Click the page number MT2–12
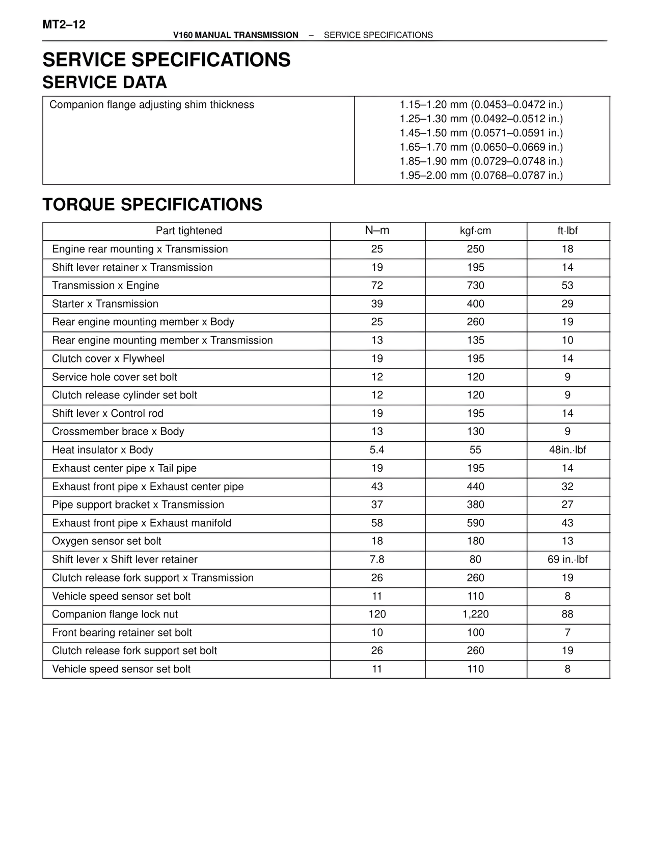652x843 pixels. (64, 24)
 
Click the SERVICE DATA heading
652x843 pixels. (104, 82)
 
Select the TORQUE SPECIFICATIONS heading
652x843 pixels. (152, 205)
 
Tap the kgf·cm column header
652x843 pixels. (475, 231)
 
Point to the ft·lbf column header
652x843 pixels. (567, 231)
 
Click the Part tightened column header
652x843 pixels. (188, 231)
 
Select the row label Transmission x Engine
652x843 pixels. (105, 286)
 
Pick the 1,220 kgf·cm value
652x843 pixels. (475, 614)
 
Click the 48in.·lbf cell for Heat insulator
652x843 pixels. (567, 450)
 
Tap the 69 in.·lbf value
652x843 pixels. (567, 559)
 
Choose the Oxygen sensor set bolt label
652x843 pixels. (106, 541)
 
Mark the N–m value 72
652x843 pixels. (377, 286)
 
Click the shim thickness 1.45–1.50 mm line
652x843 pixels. (481, 133)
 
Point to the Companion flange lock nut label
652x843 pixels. (115, 614)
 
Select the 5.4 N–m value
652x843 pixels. (377, 450)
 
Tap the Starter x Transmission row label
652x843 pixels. (105, 304)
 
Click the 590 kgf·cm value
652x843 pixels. (475, 523)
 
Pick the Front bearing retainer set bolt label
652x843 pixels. (122, 633)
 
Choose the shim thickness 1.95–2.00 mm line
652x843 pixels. (481, 176)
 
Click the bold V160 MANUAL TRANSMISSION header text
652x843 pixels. (235, 35)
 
